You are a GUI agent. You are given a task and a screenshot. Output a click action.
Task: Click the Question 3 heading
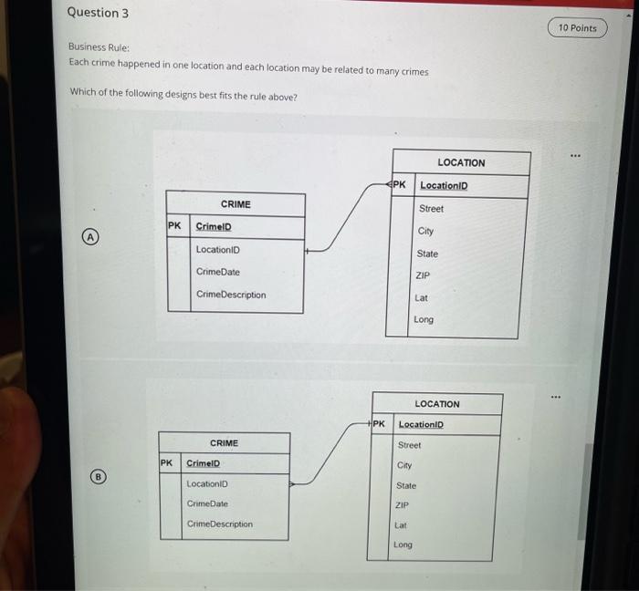point(98,13)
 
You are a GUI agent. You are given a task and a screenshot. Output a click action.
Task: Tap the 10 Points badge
point(578,27)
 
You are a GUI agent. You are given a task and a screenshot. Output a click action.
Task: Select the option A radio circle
point(90,236)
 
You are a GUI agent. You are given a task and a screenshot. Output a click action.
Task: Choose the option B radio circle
point(98,476)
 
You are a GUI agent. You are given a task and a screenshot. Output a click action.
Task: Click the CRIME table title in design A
point(236,204)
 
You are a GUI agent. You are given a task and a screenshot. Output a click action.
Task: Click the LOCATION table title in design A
point(461,162)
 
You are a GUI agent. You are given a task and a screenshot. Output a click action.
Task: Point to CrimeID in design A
point(214,226)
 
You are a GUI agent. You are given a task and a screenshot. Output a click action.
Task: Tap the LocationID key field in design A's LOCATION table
point(444,185)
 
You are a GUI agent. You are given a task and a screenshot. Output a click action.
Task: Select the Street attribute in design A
point(431,208)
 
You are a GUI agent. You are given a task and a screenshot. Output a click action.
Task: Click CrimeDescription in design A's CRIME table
point(231,295)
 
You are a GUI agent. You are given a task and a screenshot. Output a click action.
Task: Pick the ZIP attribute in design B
point(402,505)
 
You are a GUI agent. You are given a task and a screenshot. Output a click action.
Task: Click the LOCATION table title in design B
point(437,404)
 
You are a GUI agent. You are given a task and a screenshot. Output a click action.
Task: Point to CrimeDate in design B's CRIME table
point(207,503)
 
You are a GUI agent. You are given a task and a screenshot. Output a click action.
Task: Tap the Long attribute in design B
point(403,544)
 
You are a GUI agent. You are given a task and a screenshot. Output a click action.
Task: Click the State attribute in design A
point(427,254)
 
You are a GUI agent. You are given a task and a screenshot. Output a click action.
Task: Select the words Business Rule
point(99,47)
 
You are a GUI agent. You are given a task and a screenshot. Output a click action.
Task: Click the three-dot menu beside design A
point(575,155)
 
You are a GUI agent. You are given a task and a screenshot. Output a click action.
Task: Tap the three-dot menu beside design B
point(555,397)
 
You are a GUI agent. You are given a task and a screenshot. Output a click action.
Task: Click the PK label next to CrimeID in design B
point(166,462)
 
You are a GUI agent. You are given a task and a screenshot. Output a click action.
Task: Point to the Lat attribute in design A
point(421,297)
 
